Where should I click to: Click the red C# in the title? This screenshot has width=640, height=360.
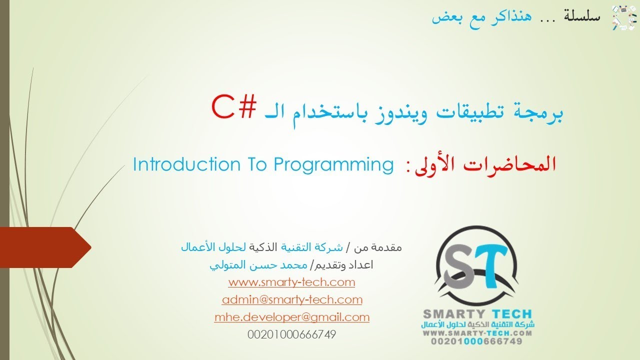point(234,106)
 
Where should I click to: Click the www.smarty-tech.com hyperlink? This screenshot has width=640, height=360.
point(291,282)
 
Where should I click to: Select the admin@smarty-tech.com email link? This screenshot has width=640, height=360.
point(292,299)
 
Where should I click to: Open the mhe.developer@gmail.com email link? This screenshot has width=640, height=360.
point(292,316)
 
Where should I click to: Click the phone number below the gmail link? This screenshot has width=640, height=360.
point(292,334)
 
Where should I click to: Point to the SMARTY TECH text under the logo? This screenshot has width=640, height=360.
point(477,314)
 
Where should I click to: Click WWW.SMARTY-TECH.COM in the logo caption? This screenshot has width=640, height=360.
point(477,332)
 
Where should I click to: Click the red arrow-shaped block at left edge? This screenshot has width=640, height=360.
point(45,246)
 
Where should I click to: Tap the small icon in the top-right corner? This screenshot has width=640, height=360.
point(621,17)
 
